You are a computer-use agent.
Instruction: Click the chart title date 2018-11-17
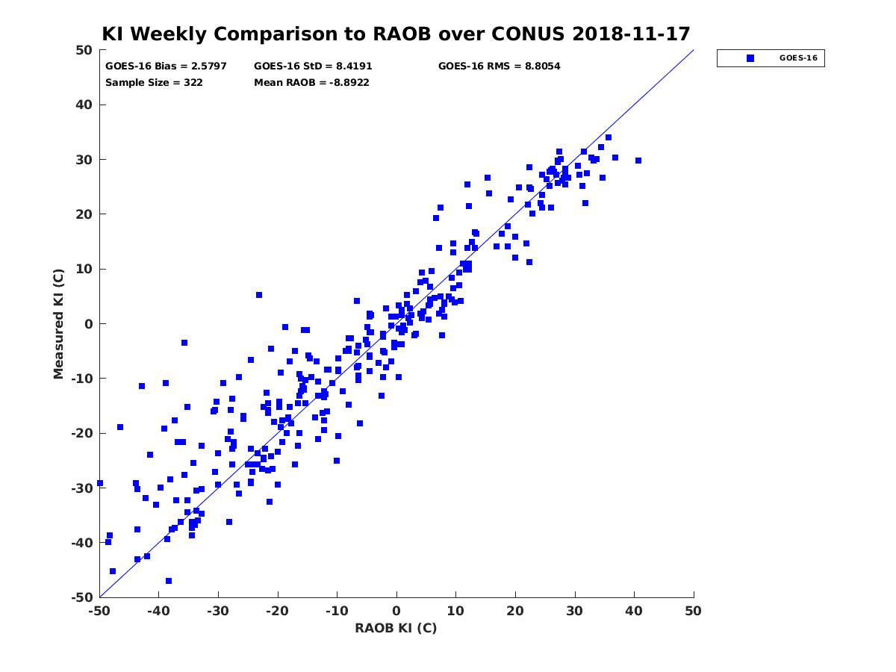[631, 34]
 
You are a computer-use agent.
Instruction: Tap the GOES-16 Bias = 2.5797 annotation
[166, 66]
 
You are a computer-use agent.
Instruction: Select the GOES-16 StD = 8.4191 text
[313, 66]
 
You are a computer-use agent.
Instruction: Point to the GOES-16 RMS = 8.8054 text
[499, 66]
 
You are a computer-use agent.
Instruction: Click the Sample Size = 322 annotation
[154, 82]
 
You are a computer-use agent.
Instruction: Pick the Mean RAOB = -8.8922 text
[311, 82]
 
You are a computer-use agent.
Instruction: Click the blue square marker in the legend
[750, 58]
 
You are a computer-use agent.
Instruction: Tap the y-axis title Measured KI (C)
[58, 323]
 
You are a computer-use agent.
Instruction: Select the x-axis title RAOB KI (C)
[396, 627]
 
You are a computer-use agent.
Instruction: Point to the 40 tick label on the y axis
[84, 105]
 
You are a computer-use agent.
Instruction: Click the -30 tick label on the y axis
[81, 488]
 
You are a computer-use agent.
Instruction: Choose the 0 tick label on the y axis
[89, 324]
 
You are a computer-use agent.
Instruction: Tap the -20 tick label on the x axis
[277, 611]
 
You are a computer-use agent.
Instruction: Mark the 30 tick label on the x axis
[574, 611]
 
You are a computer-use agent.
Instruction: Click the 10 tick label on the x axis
[455, 611]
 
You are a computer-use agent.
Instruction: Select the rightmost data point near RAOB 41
[638, 161]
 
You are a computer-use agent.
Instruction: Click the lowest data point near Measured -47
[169, 581]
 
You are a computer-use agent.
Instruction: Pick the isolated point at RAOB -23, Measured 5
[259, 295]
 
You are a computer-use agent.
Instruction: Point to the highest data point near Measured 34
[609, 137]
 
